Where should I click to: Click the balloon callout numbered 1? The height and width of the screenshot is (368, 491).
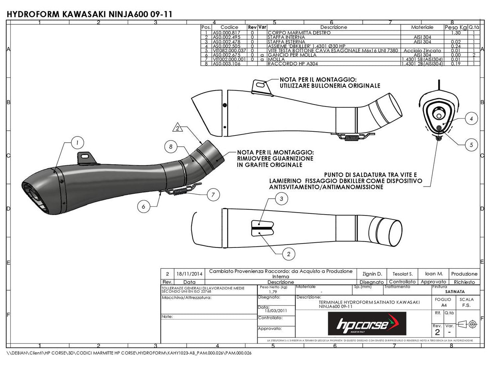tap(77, 142)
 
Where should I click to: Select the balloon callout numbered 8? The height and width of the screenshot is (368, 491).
tap(171, 147)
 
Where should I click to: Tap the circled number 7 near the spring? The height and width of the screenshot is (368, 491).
tap(213, 195)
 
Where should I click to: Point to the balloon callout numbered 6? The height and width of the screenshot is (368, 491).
tap(143, 206)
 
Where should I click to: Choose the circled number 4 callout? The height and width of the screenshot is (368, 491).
tap(471, 119)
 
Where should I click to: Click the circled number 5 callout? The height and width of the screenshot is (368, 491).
tap(471, 145)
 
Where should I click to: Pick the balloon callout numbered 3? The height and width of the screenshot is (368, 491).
tap(282, 199)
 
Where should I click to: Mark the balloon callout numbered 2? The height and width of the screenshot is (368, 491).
tap(289, 253)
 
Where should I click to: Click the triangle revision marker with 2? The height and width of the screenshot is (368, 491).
tap(178, 128)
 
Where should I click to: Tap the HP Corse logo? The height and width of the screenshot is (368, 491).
tap(367, 324)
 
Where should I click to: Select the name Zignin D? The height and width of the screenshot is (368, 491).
tap(372, 274)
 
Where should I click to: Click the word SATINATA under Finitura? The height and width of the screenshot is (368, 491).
tap(455, 292)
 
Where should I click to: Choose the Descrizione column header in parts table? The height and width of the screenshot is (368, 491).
tap(333, 27)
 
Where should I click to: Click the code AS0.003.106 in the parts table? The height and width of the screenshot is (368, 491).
tap(226, 64)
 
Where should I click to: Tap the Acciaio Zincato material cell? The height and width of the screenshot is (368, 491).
tap(422, 51)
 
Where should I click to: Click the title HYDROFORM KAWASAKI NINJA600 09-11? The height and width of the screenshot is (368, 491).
tap(90, 14)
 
